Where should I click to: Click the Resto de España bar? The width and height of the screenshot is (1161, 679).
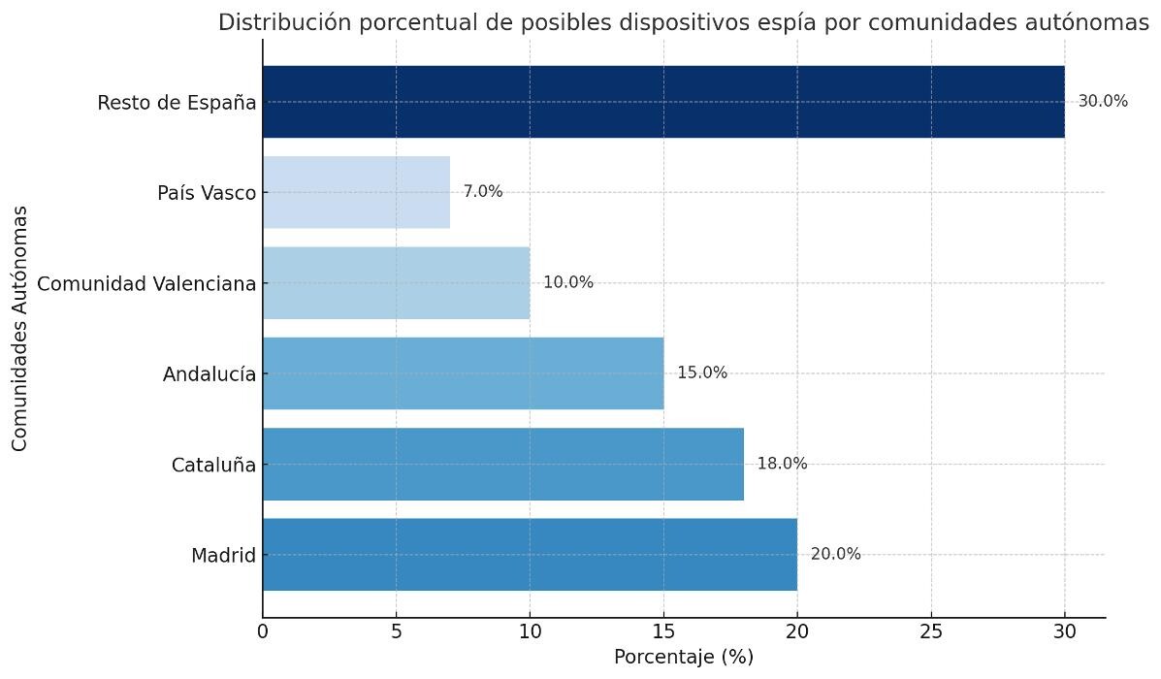coord(663,102)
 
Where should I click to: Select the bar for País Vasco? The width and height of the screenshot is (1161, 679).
coord(356,192)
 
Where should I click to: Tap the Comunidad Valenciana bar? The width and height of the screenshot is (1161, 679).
coord(396,282)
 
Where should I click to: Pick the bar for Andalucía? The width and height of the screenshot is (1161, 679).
coord(463,373)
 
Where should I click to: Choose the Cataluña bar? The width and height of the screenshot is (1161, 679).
coord(502,464)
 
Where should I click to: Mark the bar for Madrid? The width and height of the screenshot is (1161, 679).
coord(530,555)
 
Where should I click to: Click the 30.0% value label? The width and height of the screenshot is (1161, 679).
coord(1103,102)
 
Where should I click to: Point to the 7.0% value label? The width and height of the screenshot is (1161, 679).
coord(483,192)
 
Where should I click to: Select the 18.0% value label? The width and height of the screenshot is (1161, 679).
coord(782,464)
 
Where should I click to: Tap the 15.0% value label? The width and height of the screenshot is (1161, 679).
coord(702,373)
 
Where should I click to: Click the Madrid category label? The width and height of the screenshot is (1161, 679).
coord(223,556)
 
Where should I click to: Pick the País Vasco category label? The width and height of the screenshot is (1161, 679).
coord(207,193)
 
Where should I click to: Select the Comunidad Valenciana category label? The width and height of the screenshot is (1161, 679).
coord(146,283)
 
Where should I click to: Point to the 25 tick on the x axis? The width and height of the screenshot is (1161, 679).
coord(931,632)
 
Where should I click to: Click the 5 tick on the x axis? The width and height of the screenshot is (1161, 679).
coord(396,632)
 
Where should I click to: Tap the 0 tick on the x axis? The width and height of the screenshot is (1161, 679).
coord(263,632)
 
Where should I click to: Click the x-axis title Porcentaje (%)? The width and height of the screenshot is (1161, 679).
coord(684,657)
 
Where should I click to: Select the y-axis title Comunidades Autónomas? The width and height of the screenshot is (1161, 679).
coord(20,328)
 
